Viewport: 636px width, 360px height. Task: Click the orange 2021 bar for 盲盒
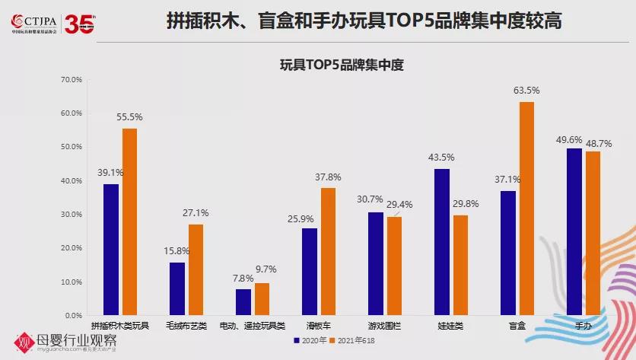(x=526, y=209)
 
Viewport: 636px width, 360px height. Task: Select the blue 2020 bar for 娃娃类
(x=443, y=242)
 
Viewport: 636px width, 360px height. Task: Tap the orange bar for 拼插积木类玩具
(x=130, y=221)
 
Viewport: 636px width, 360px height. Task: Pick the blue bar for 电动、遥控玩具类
(x=243, y=302)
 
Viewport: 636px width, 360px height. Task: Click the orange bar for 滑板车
(x=329, y=251)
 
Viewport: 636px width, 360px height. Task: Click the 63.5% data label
(x=526, y=91)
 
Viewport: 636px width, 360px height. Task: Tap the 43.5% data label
(x=442, y=158)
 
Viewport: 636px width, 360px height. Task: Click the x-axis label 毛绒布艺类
(x=186, y=326)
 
